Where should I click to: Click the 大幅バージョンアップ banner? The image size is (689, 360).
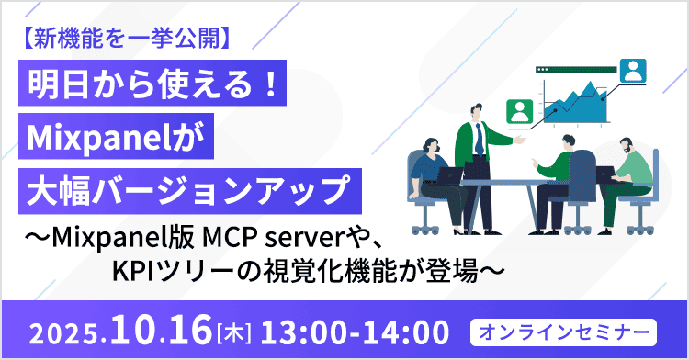[188, 193]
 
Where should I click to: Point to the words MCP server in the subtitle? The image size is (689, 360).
[255, 242]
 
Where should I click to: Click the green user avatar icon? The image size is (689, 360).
[521, 111]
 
